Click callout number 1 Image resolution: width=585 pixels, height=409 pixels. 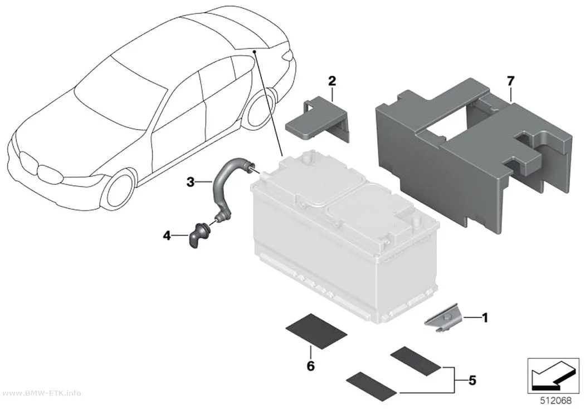point(485,318)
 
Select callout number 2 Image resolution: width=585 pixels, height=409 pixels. point(331,81)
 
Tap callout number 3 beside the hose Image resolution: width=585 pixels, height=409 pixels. point(191,182)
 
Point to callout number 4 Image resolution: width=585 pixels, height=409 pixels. point(167,235)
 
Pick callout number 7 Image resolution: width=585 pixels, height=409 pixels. point(510,81)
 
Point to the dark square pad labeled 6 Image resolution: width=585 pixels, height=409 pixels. point(316,331)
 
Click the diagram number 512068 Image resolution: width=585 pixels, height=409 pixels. point(556,401)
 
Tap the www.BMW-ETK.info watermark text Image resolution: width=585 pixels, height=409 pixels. point(41,393)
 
